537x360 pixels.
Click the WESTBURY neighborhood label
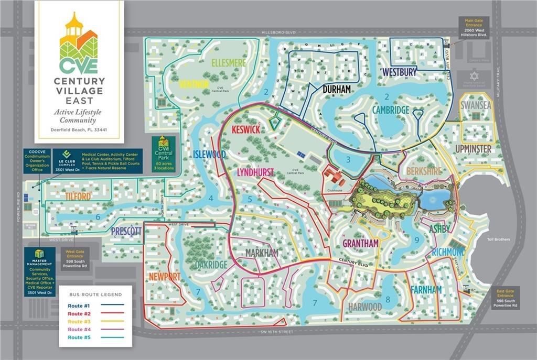point(400,71)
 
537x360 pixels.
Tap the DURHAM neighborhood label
point(337,90)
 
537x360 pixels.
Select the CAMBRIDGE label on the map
point(391,110)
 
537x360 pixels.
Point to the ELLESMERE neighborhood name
point(229,63)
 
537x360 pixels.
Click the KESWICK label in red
point(245,129)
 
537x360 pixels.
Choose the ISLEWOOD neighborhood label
point(209,155)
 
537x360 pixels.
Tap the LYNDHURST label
point(256,172)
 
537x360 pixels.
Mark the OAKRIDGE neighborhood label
point(211,265)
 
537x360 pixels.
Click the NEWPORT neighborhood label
point(165,276)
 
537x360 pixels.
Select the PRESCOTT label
point(126,231)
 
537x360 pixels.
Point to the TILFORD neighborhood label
point(79,197)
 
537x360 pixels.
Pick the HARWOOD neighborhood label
point(364,307)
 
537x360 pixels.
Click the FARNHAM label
point(426,289)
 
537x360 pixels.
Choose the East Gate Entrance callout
point(506,298)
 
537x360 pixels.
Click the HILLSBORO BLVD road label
point(278,32)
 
